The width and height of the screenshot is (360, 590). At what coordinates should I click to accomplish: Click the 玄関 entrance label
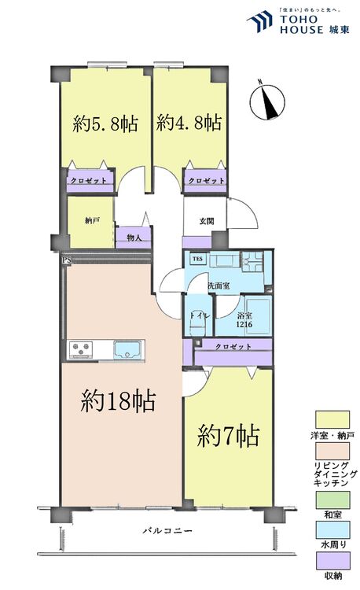click(x=205, y=221)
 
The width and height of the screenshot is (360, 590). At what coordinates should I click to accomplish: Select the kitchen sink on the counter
click(x=127, y=348)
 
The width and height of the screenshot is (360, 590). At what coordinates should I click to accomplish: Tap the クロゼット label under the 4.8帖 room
click(x=206, y=180)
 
